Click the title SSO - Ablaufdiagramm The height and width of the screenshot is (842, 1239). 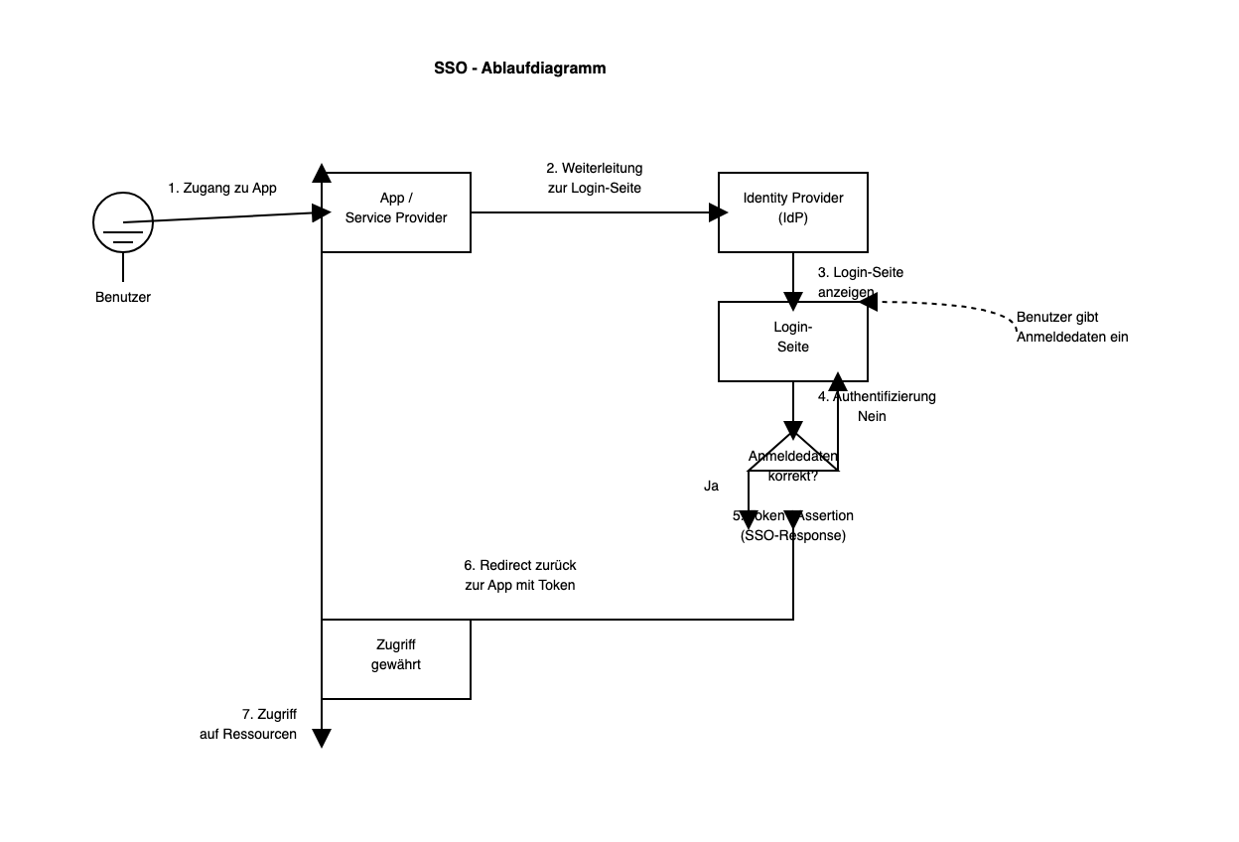[x=519, y=69]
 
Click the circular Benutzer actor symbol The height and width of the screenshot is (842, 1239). [x=123, y=222]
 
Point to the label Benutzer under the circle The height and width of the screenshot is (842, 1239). [x=123, y=297]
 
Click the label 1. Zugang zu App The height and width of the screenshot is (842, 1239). [x=222, y=188]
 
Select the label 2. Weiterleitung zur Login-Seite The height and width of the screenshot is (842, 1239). [x=594, y=178]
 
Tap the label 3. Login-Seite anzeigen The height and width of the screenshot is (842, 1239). [x=860, y=282]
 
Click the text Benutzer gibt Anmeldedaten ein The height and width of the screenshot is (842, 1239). [x=1071, y=327]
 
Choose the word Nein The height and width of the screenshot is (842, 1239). [x=872, y=416]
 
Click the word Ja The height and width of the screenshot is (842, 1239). [x=711, y=486]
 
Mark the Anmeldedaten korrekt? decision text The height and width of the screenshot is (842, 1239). [x=792, y=466]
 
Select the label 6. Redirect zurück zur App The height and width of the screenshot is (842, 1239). [x=519, y=575]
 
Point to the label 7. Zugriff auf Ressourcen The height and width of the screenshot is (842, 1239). [x=249, y=724]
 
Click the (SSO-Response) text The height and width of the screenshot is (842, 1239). [x=792, y=535]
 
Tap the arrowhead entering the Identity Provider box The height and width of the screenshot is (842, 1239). [x=717, y=211]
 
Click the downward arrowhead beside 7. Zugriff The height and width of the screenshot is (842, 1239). [x=322, y=738]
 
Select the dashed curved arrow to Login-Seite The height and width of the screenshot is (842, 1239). [x=953, y=305]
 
